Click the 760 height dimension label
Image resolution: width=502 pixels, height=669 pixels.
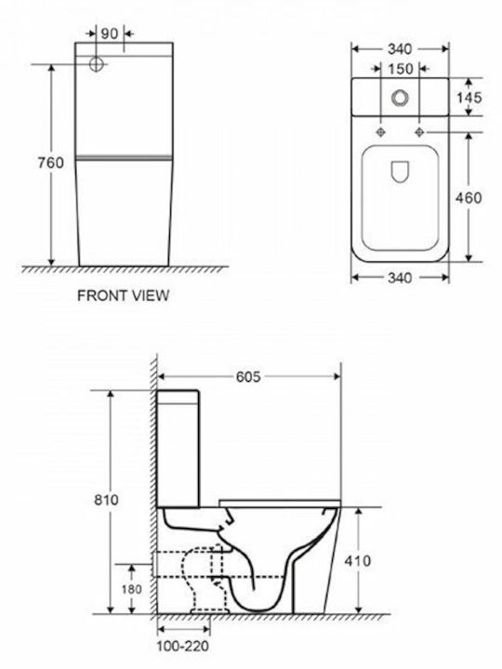coord(50,163)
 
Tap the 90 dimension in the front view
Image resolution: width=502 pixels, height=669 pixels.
coord(110,33)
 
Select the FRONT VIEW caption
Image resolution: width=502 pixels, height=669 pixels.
coord(123,295)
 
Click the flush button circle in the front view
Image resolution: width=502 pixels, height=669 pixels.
coord(97,64)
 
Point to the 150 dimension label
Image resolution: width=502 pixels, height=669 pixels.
coord(401,68)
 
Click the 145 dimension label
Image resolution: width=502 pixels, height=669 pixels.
coord(469,98)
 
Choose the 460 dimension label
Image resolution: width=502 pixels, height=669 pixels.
coord(469,198)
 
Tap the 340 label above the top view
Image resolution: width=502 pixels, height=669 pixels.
coord(400,49)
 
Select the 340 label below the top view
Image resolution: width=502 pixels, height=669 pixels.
coord(400,278)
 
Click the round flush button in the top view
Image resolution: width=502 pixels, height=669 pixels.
coord(400,98)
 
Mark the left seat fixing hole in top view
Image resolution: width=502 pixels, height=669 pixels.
coord(381,132)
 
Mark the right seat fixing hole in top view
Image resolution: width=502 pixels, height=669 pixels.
coord(419,132)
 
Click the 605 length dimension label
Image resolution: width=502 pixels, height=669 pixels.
coord(248,376)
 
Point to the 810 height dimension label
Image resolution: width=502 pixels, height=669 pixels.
coord(106,500)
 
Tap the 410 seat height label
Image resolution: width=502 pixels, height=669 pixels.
coord(358,560)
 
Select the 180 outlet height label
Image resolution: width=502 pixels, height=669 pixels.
coord(131,589)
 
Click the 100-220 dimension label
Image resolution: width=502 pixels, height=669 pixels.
coord(183,646)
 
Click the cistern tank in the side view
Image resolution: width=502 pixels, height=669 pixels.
coord(178,449)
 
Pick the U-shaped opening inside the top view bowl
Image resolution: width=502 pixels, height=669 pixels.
coord(400,172)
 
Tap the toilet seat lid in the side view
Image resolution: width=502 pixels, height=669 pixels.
coord(280,503)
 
